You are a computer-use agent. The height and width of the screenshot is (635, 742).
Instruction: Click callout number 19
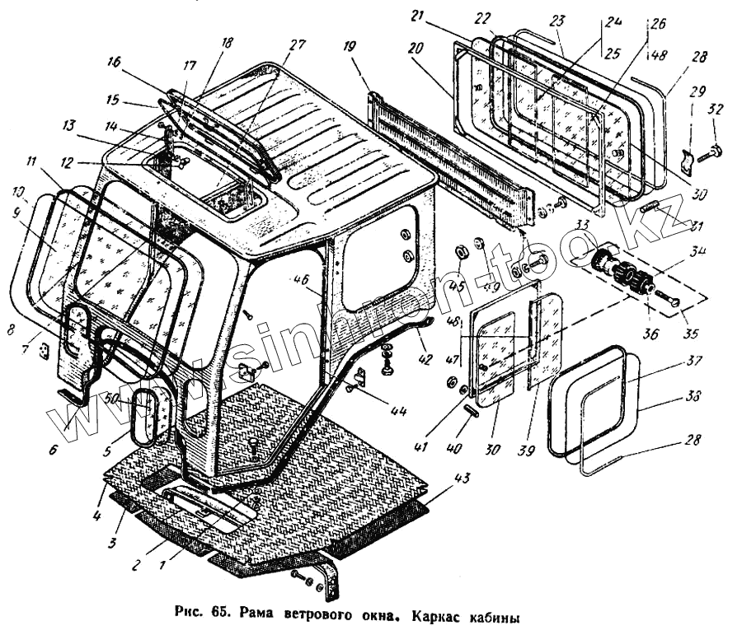click(350, 48)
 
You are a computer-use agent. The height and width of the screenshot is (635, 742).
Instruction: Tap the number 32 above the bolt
click(715, 109)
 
